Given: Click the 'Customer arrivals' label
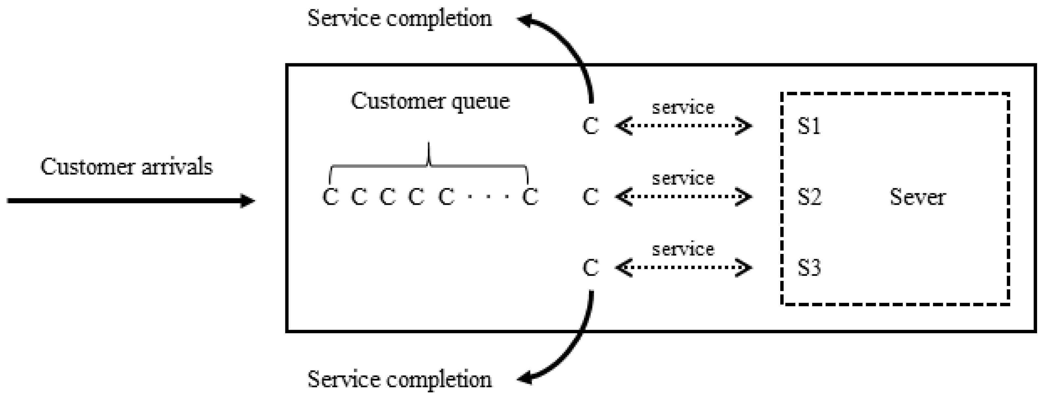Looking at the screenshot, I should pos(126,167).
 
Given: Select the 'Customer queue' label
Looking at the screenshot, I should pos(430,101).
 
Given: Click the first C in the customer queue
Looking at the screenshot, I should pos(330,197).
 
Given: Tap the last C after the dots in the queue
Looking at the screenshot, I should pos(530,197).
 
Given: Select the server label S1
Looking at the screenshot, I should pos(809,126).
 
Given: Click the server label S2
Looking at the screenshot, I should pos(809,197).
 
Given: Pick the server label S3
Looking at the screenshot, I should pos(809,268).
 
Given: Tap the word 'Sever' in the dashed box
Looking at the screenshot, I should pos(918,197).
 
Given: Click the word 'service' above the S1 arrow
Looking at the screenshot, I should pos(683,107).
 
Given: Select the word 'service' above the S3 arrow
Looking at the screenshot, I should pos(683,249).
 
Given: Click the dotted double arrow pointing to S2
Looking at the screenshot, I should pos(684,197).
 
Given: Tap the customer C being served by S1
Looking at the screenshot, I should pos(591,126).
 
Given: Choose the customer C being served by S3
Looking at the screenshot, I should pos(591,268).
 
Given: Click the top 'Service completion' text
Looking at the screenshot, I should pos(400,19).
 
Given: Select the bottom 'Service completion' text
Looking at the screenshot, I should pos(400,379).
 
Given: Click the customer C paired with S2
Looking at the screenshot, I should pos(591,197).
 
